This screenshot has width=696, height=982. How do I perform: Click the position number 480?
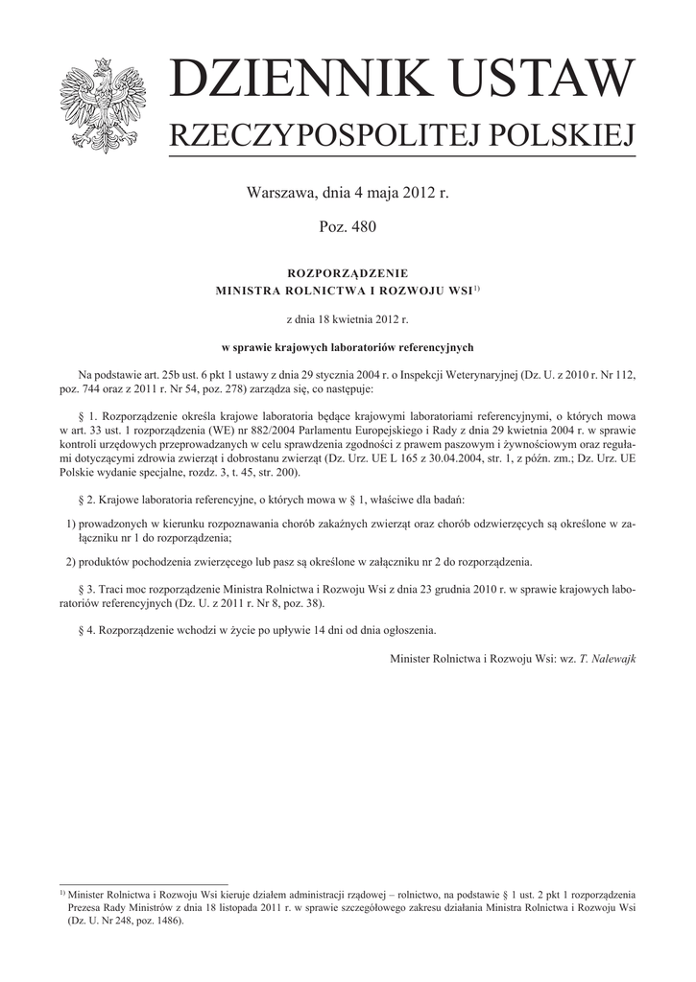[x=361, y=227]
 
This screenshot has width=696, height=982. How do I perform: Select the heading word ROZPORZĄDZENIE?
[x=348, y=273]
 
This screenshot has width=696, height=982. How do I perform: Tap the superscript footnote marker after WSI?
[x=476, y=289]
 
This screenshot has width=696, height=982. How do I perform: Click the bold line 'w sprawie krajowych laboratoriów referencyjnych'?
[x=348, y=347]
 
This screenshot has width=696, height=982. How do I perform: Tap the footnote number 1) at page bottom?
[x=62, y=892]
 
